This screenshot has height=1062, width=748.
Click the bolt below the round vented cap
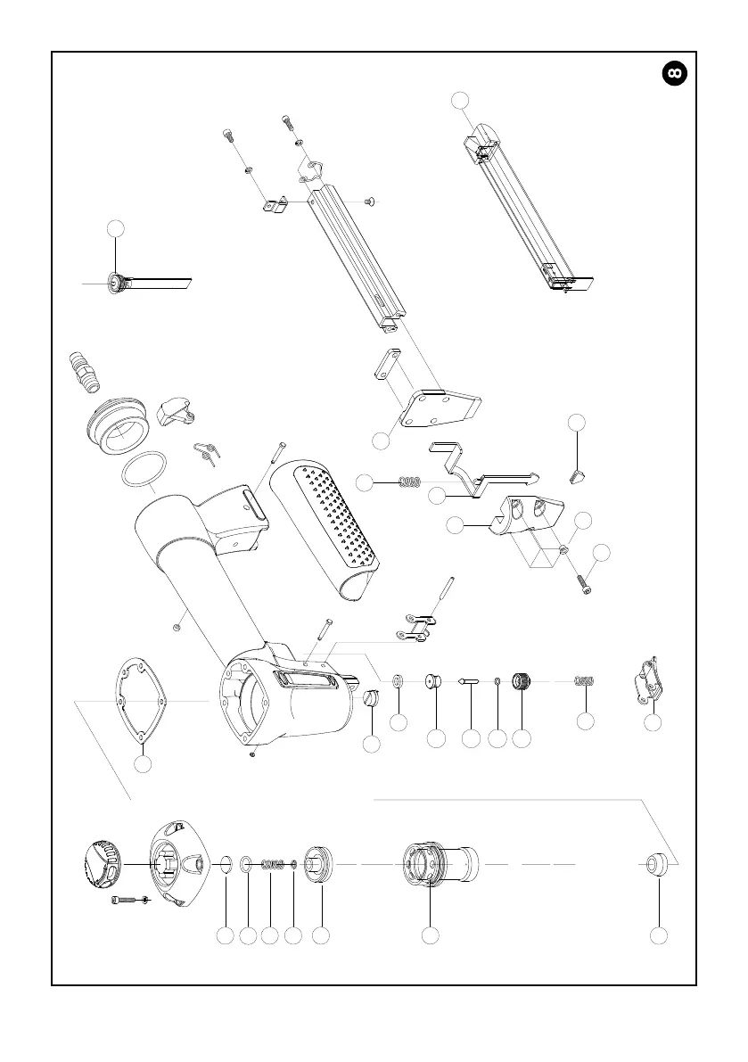(x=124, y=900)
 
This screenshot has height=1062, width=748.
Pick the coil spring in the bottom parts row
(x=273, y=863)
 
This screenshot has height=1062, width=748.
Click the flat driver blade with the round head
(x=152, y=284)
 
